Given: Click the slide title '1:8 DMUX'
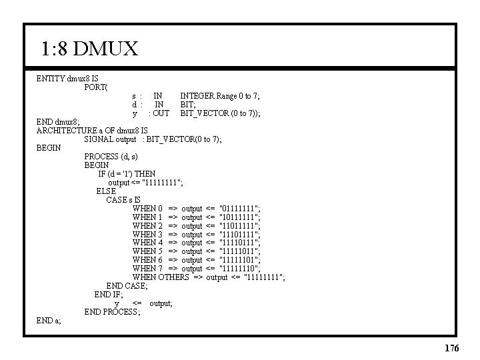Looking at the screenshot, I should (89, 49).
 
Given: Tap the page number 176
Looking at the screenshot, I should (451, 348).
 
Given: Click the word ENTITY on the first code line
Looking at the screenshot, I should (51, 79).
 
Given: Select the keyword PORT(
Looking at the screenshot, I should (97, 87).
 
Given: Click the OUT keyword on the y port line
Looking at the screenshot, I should (161, 113).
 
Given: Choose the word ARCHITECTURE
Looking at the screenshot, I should (69, 131).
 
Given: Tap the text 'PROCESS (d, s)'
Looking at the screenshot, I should (111, 157).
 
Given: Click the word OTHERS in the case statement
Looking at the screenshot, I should (173, 277).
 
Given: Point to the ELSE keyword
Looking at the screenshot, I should (106, 191).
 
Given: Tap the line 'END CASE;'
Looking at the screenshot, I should (127, 286).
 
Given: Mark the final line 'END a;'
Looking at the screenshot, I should (49, 321).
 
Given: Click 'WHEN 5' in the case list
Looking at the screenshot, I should (147, 251).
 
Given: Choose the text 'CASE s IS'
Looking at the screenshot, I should (123, 200).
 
